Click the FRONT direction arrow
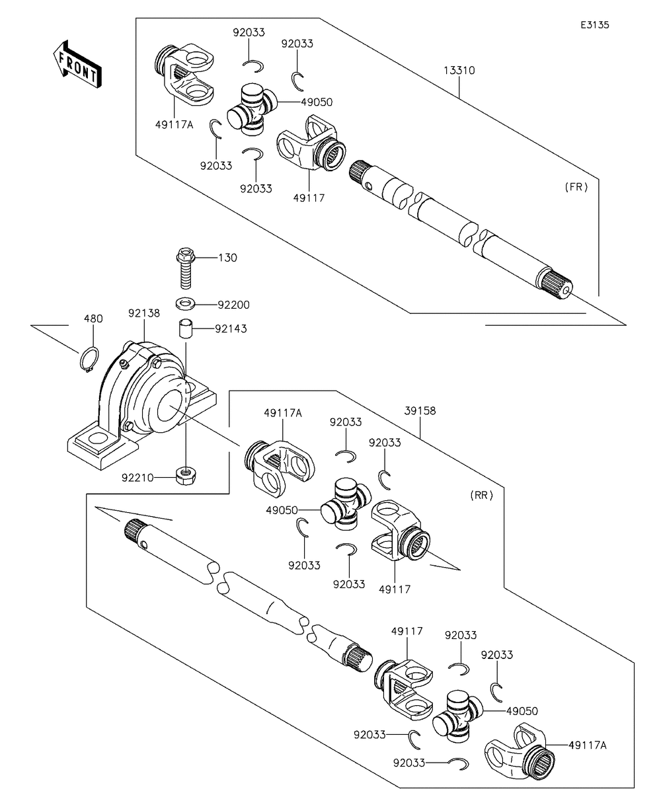pos(77,64)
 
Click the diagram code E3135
pos(594,25)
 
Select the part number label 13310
pos(459,71)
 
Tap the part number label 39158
pos(420,410)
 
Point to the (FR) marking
pos(576,187)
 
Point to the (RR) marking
pos(481,496)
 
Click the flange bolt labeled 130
pos(186,268)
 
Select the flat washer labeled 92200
pos(186,304)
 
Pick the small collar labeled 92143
pos(186,329)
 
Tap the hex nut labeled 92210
pos(186,476)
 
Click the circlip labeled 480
pos(89,359)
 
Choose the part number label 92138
pos(144,313)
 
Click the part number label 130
pos(227,258)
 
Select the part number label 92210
pos(137,478)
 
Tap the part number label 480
pos(94,319)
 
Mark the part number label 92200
pos(234,305)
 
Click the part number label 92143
pos(231,328)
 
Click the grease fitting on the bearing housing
pos(123,363)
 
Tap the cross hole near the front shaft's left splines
pos(368,186)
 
